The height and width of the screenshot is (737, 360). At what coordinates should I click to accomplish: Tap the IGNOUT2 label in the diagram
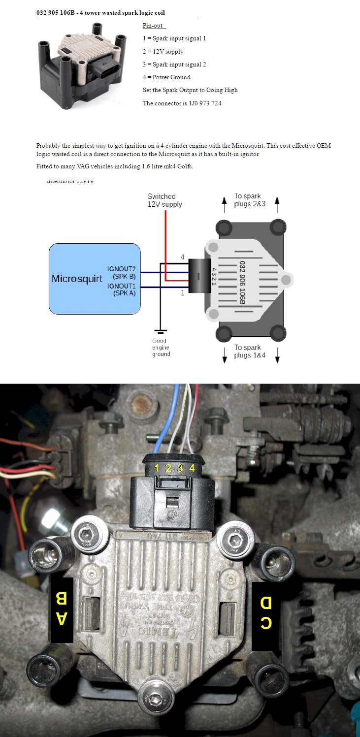pyautogui.click(x=121, y=269)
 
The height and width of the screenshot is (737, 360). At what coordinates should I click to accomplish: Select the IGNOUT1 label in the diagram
pyautogui.click(x=121, y=286)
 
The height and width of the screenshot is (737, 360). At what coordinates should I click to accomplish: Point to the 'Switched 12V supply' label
pyautogui.click(x=164, y=200)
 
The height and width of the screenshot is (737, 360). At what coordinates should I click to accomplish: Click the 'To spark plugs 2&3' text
pyautogui.click(x=250, y=200)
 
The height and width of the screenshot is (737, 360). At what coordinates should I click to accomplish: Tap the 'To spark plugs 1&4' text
pyautogui.click(x=250, y=351)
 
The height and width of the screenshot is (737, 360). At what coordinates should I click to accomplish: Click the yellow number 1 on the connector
pyautogui.click(x=157, y=468)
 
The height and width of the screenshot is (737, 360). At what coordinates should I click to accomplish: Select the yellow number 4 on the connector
pyautogui.click(x=192, y=468)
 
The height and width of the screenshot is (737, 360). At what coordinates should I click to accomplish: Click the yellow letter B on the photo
pyautogui.click(x=62, y=598)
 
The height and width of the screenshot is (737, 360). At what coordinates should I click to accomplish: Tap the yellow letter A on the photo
pyautogui.click(x=62, y=618)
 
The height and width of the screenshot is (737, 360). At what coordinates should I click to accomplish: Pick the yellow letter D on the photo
pyautogui.click(x=266, y=603)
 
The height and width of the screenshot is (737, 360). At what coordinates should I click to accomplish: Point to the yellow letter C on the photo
pyautogui.click(x=266, y=623)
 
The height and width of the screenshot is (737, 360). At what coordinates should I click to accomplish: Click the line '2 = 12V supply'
pyautogui.click(x=163, y=52)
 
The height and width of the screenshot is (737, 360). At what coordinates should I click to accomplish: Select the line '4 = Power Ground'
pyautogui.click(x=166, y=77)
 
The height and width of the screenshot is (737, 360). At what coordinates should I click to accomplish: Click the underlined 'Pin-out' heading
pyautogui.click(x=152, y=26)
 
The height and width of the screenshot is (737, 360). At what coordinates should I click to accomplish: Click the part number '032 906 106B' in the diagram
pyautogui.click(x=242, y=282)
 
